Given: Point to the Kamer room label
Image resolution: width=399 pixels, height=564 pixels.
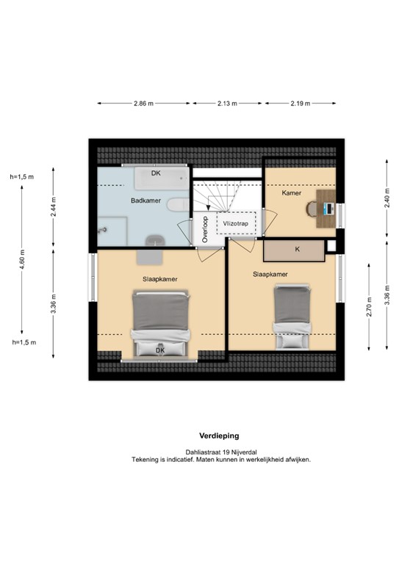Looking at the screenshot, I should (292, 193).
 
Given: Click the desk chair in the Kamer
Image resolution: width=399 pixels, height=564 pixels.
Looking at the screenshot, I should (313, 209).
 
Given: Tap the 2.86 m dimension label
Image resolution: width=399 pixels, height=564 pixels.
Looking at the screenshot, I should (143, 104).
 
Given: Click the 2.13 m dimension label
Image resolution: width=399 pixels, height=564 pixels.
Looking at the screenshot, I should (227, 104).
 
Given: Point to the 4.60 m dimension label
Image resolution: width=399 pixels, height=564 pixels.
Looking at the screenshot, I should (22, 261).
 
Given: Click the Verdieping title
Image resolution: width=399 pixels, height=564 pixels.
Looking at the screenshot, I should (219, 435).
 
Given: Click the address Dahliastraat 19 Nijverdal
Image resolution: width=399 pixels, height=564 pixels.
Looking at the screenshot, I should (220, 452).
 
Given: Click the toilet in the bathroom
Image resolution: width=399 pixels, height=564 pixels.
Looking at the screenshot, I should (177, 205).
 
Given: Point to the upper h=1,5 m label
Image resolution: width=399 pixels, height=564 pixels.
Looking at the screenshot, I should (22, 177).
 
